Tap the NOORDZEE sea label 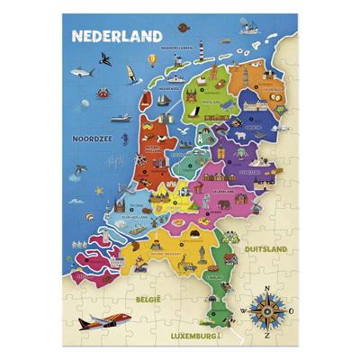(x=94, y=138)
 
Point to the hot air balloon (x=152, y=61)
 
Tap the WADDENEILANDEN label (x=179, y=47)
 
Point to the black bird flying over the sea (x=106, y=58)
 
